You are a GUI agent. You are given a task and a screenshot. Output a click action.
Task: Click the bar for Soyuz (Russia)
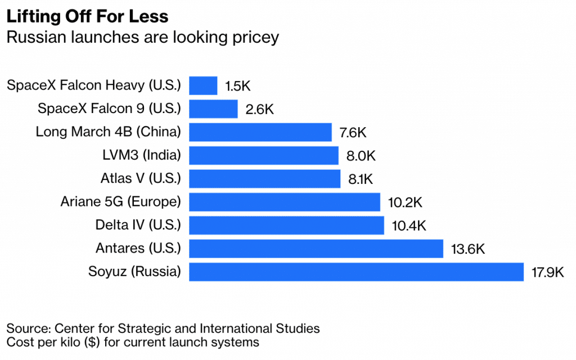[356, 272]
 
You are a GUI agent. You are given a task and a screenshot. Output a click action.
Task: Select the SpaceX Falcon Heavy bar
[203, 85]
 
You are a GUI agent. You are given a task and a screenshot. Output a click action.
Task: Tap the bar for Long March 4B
[260, 132]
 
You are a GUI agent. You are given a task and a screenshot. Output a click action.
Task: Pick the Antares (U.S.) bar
[316, 248]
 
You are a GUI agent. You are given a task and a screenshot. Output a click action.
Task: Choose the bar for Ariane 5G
[284, 202]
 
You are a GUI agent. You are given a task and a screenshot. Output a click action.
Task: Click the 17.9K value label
[547, 272]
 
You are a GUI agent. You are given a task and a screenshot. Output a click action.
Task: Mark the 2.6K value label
[260, 109]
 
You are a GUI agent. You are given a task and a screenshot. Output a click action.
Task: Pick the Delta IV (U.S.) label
[138, 225]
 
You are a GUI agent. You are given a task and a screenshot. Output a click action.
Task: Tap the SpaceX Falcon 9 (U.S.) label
[109, 109]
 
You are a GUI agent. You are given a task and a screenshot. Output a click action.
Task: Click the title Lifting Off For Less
[87, 16]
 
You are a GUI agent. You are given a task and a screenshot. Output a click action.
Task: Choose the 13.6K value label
[467, 249]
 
